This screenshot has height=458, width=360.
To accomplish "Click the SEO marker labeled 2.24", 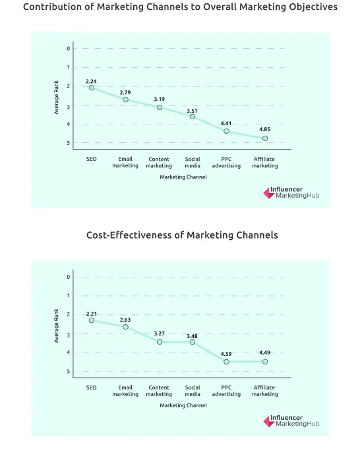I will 92,88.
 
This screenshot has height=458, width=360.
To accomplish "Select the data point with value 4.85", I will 265,138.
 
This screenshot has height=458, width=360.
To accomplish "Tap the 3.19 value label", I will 159,99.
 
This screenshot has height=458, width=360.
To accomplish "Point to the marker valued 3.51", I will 193,117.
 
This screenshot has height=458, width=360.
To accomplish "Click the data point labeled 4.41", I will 226,131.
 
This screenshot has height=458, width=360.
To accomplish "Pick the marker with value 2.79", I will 125,100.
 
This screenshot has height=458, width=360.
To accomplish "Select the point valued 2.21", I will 92,320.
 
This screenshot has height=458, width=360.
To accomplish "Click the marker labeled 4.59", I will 226,362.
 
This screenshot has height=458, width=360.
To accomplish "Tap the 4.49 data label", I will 265,353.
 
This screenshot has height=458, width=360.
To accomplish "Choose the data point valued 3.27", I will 159,342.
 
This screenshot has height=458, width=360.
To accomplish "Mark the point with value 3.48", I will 193,342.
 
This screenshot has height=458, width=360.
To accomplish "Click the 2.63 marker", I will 125,327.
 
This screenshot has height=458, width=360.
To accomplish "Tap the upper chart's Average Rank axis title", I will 57,97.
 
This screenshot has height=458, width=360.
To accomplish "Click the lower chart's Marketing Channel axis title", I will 183,405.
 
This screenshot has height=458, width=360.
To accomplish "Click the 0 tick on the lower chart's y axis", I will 68,277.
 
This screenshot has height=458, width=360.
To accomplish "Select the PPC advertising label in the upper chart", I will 226,162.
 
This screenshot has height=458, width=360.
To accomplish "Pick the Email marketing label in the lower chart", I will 125,391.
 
